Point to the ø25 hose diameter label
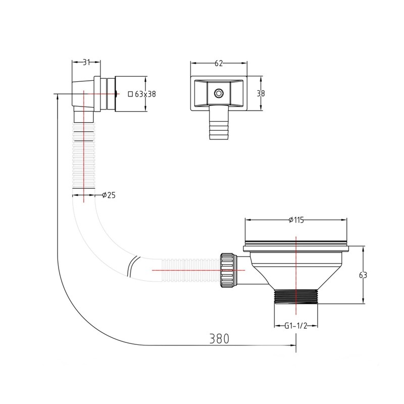pyautogui.click(x=109, y=195)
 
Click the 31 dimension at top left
pyautogui.click(x=86, y=62)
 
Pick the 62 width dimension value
pyautogui.click(x=219, y=63)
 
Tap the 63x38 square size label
pyautogui.click(x=145, y=94)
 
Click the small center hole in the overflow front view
pyautogui.click(x=218, y=93)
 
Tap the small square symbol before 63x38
pyautogui.click(x=130, y=94)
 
